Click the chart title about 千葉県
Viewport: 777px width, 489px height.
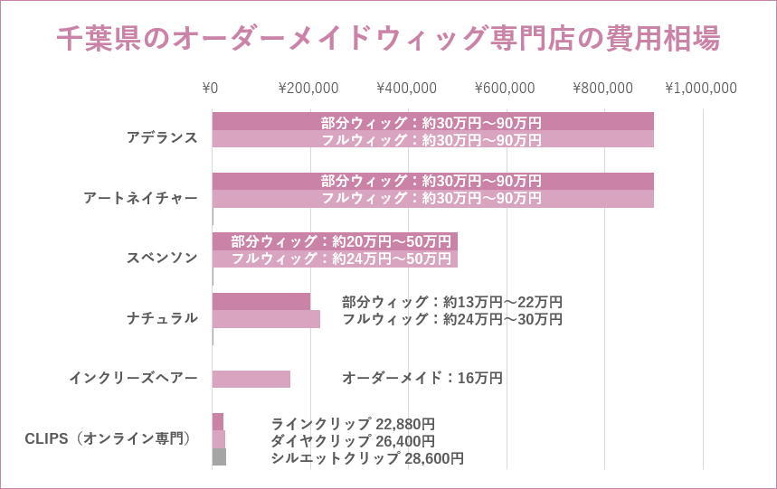pyautogui.click(x=388, y=39)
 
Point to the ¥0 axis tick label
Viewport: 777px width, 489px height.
pyautogui.click(x=210, y=88)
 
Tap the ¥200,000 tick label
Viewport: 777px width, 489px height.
pyautogui.click(x=308, y=88)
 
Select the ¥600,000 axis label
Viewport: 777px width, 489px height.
pyautogui.click(x=505, y=88)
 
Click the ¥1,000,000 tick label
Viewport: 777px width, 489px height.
pyautogui.click(x=701, y=88)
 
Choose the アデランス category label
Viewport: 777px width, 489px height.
pyautogui.click(x=162, y=137)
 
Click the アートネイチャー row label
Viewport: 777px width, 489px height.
pyautogui.click(x=140, y=197)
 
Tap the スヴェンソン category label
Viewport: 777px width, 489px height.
pyautogui.click(x=162, y=258)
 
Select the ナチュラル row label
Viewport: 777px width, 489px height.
pyautogui.click(x=162, y=317)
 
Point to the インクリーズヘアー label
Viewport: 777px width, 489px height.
pyautogui.click(x=133, y=378)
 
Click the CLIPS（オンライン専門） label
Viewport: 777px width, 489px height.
pyautogui.click(x=109, y=438)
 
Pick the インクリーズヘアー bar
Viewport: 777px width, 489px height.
pyautogui.click(x=251, y=379)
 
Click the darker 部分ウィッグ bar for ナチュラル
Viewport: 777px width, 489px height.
pyautogui.click(x=261, y=302)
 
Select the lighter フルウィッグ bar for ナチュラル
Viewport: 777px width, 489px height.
pyautogui.click(x=266, y=319)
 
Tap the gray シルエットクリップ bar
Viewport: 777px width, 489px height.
pyautogui.click(x=219, y=457)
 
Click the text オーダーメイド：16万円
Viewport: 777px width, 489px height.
pyautogui.click(x=422, y=378)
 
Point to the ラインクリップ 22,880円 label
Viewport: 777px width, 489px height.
pyautogui.click(x=353, y=423)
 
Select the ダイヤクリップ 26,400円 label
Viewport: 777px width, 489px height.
pyautogui.click(x=353, y=440)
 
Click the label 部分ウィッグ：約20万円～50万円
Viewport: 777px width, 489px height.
pyautogui.click(x=341, y=241)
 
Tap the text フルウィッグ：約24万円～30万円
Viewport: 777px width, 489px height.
pyautogui.click(x=452, y=319)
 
